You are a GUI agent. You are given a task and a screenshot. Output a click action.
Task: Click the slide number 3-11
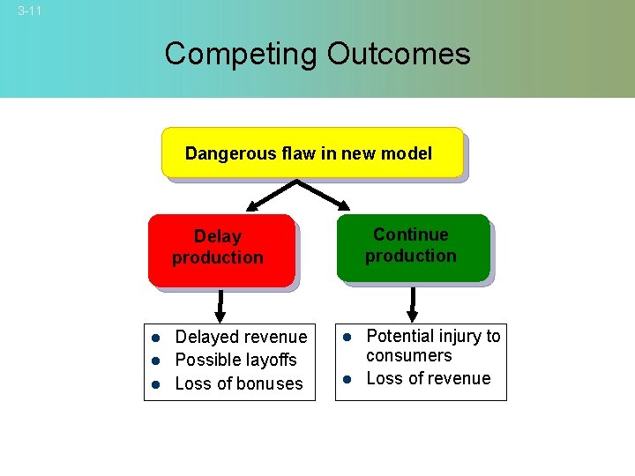click(29, 11)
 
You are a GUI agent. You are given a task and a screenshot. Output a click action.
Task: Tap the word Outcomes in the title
click(399, 54)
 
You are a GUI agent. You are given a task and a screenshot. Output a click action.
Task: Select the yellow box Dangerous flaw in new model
click(312, 152)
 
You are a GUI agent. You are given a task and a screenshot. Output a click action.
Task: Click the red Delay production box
click(220, 250)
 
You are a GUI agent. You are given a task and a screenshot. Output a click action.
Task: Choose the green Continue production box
click(412, 248)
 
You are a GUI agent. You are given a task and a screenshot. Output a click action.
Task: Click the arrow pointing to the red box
click(265, 197)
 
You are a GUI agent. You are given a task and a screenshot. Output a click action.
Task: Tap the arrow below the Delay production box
click(220, 307)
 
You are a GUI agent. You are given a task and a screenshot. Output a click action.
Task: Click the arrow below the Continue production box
click(411, 304)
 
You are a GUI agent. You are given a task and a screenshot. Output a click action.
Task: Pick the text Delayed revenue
click(241, 337)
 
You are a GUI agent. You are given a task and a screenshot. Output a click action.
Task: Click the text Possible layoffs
click(235, 360)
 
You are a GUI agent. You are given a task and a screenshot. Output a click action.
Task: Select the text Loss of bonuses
click(238, 383)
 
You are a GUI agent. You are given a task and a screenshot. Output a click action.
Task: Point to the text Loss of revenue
click(428, 378)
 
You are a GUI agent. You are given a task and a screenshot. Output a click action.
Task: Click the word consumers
click(408, 355)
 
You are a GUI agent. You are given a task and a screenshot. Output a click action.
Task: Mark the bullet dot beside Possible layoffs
click(153, 361)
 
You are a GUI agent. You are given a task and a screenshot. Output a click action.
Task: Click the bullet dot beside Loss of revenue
click(347, 379)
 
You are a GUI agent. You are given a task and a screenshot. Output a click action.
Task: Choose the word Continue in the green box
click(410, 234)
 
